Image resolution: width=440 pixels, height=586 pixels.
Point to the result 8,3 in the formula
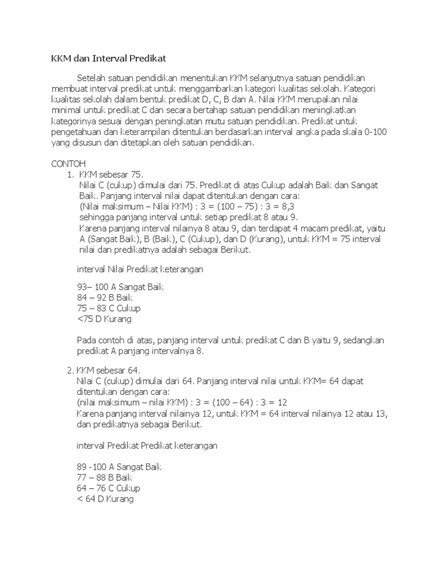click(278, 207)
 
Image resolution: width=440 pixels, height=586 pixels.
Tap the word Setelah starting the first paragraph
click(92, 78)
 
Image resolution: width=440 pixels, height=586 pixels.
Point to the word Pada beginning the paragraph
click(87, 340)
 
